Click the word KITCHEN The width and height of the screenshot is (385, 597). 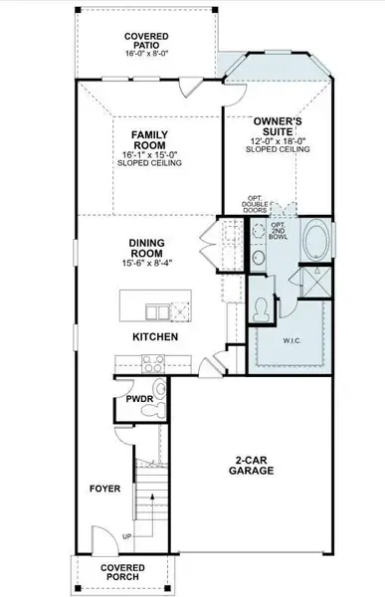(155, 337)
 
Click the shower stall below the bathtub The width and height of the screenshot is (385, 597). (319, 278)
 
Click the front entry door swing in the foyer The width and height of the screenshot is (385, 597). (96, 538)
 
